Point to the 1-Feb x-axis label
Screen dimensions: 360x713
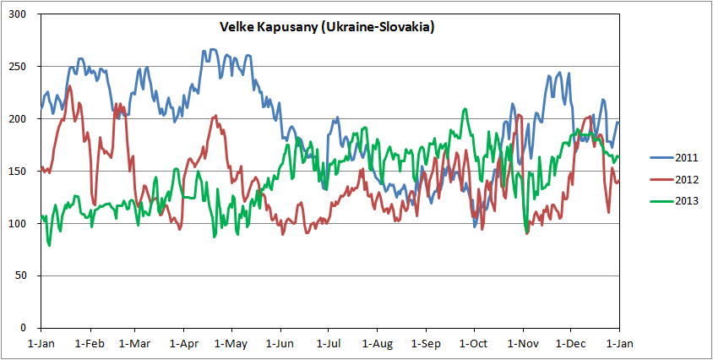(x=89, y=344)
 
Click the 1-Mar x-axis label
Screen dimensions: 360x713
(x=134, y=344)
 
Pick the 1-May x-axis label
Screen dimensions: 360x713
(x=231, y=344)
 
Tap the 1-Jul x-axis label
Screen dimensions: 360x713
(x=329, y=344)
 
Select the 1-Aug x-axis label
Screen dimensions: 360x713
(x=377, y=344)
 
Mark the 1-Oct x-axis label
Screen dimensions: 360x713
(x=473, y=344)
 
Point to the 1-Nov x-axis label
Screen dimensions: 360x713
(x=522, y=344)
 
